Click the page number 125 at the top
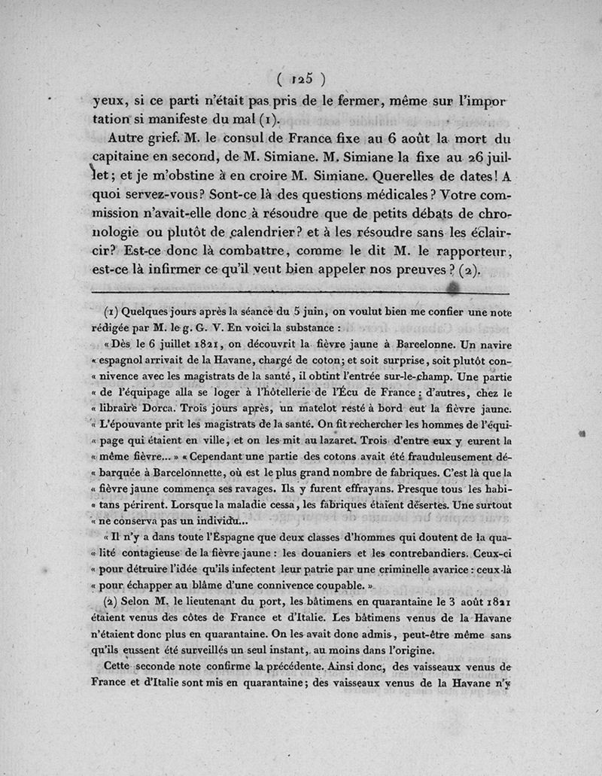coord(300,78)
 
